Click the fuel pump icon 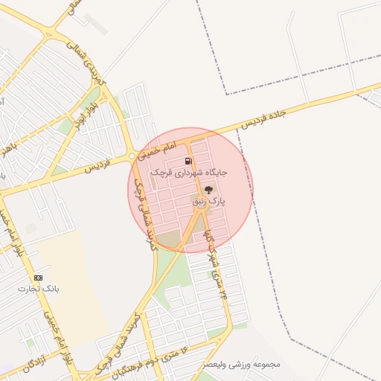click(x=188, y=161)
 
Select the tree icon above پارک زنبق click(x=208, y=190)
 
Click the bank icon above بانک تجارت click(x=39, y=278)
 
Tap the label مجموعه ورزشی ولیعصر click(x=245, y=365)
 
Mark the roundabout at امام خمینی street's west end click(x=132, y=156)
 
